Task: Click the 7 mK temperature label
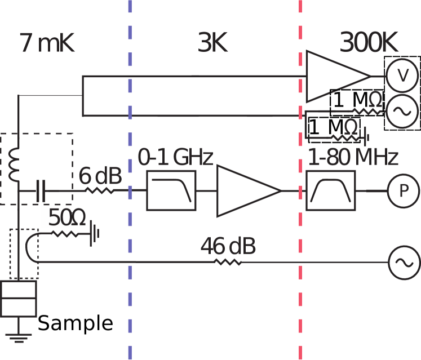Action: [47, 44]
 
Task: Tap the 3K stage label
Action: [212, 44]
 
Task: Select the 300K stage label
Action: [370, 44]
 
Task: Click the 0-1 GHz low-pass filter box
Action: [171, 191]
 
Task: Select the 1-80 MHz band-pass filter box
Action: [331, 191]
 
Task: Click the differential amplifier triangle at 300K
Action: [334, 77]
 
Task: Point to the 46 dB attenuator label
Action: [228, 246]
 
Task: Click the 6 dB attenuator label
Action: [100, 176]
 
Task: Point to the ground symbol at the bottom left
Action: [19, 337]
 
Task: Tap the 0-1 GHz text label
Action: [175, 158]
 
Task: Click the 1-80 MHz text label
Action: [353, 158]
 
